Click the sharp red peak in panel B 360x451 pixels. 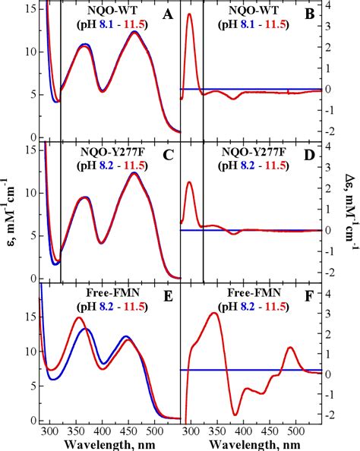tap(190, 14)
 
